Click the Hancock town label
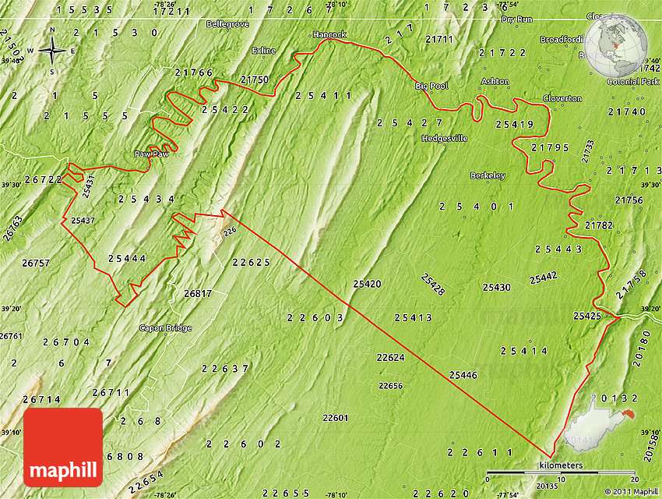pos(329,35)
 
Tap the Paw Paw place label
pos(151,154)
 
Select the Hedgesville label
pos(445,139)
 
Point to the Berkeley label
pos(488,176)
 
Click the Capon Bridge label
pos(165,328)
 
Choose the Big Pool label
pos(432,86)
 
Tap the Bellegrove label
pos(227,24)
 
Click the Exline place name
pos(264,51)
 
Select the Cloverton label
pos(562,99)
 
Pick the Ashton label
pos(495,82)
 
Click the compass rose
pos(52,51)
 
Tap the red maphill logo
pos(63,448)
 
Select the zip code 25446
pos(463,376)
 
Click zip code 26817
pos(198,294)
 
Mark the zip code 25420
pos(367,284)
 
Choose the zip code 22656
pos(390,386)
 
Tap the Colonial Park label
pos(633,82)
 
